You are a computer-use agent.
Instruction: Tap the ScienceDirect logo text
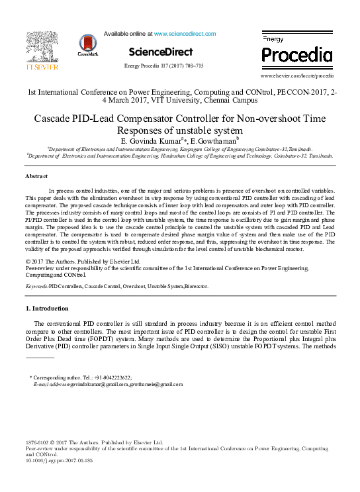click(x=160, y=52)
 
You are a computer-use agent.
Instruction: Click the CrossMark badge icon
click(x=87, y=44)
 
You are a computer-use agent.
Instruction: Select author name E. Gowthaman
click(x=212, y=141)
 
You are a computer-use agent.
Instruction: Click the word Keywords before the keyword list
click(x=36, y=286)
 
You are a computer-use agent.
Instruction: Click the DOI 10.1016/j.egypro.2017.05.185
click(x=59, y=460)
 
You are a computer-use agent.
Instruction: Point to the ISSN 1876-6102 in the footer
click(x=38, y=442)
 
